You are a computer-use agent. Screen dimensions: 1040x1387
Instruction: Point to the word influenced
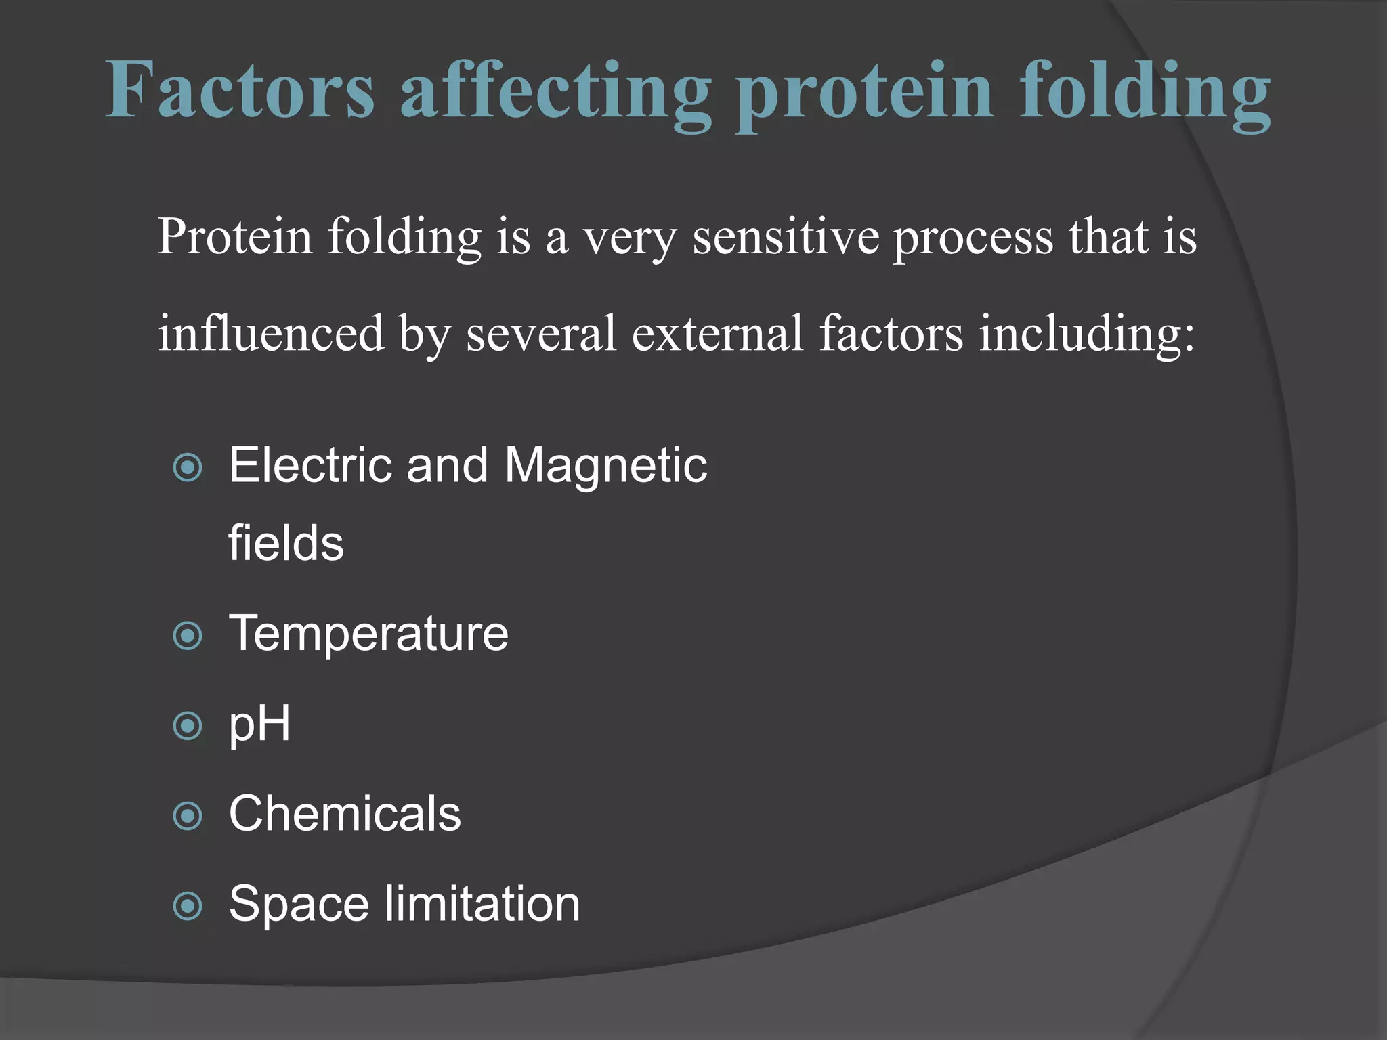click(271, 333)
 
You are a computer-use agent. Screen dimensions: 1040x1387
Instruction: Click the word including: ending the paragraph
click(1087, 334)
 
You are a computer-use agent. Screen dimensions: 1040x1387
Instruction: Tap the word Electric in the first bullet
click(310, 465)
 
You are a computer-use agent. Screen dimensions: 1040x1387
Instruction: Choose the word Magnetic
click(605, 467)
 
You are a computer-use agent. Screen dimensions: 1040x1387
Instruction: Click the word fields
click(286, 543)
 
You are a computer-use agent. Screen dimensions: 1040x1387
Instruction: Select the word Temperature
click(368, 634)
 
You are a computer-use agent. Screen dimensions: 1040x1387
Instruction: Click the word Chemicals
click(345, 813)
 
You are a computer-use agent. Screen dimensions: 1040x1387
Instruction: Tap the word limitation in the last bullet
click(482, 904)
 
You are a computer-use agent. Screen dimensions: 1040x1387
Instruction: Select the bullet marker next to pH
click(188, 727)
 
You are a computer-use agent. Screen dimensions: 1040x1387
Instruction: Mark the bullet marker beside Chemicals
click(188, 817)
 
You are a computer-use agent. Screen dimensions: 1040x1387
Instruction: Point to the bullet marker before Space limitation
click(188, 907)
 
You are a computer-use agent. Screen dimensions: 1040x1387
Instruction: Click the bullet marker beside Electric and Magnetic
click(188, 468)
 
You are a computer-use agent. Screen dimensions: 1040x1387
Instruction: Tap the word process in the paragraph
click(973, 238)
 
